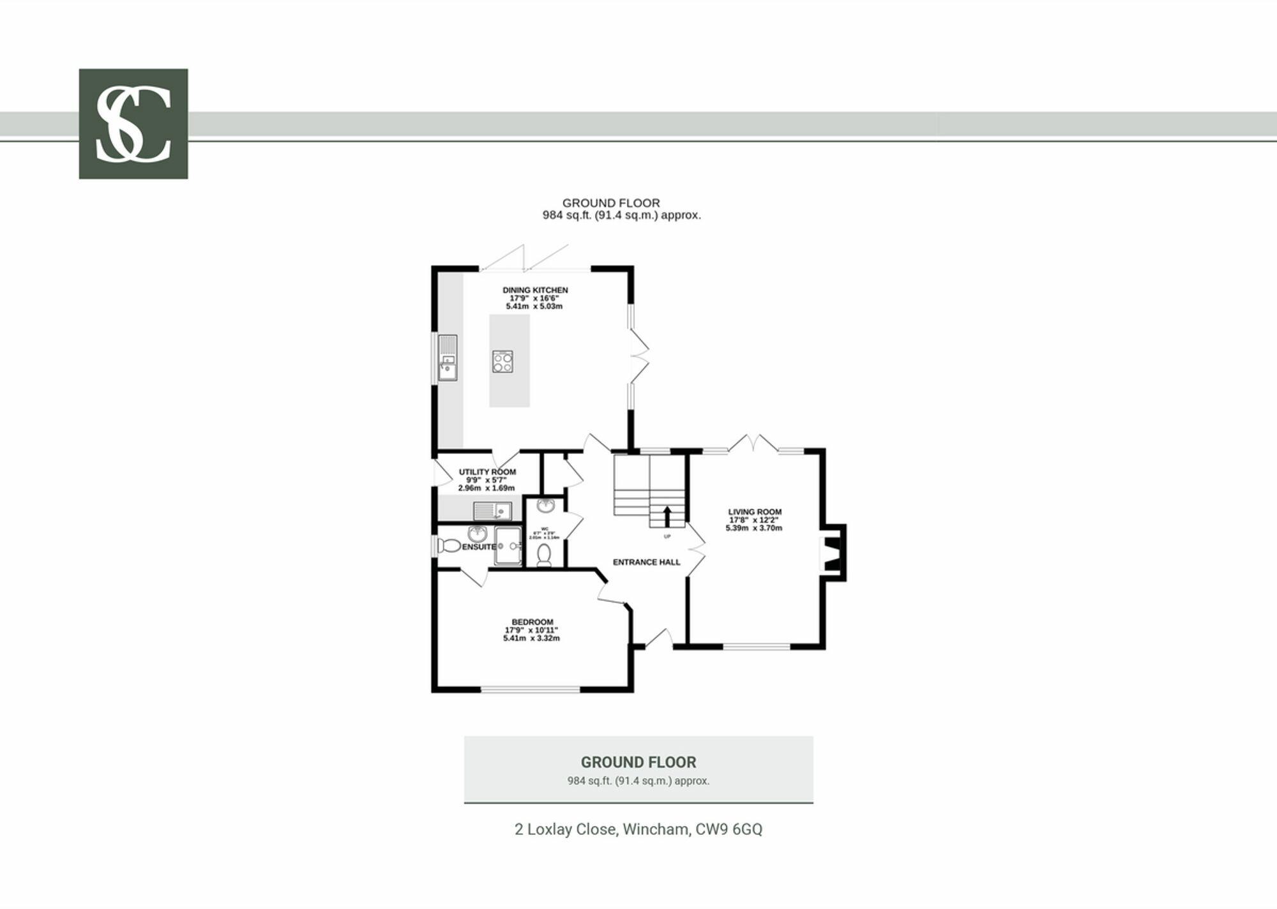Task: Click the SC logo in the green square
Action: (x=133, y=124)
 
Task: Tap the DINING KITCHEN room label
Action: (x=534, y=290)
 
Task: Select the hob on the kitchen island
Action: (x=502, y=362)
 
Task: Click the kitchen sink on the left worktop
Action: (x=448, y=358)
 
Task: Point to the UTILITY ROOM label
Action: (x=487, y=472)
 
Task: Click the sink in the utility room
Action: (x=492, y=511)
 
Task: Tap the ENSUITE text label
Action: (x=479, y=547)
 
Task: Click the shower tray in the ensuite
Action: (x=508, y=546)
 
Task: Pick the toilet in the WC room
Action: (x=544, y=555)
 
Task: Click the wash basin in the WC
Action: (x=545, y=506)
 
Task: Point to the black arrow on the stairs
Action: (x=667, y=515)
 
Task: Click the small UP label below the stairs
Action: (x=667, y=536)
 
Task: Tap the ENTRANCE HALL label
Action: (x=646, y=562)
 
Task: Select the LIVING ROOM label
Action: (x=755, y=512)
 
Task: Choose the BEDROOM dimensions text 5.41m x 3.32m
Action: (x=531, y=638)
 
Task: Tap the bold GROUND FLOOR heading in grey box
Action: (x=638, y=762)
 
